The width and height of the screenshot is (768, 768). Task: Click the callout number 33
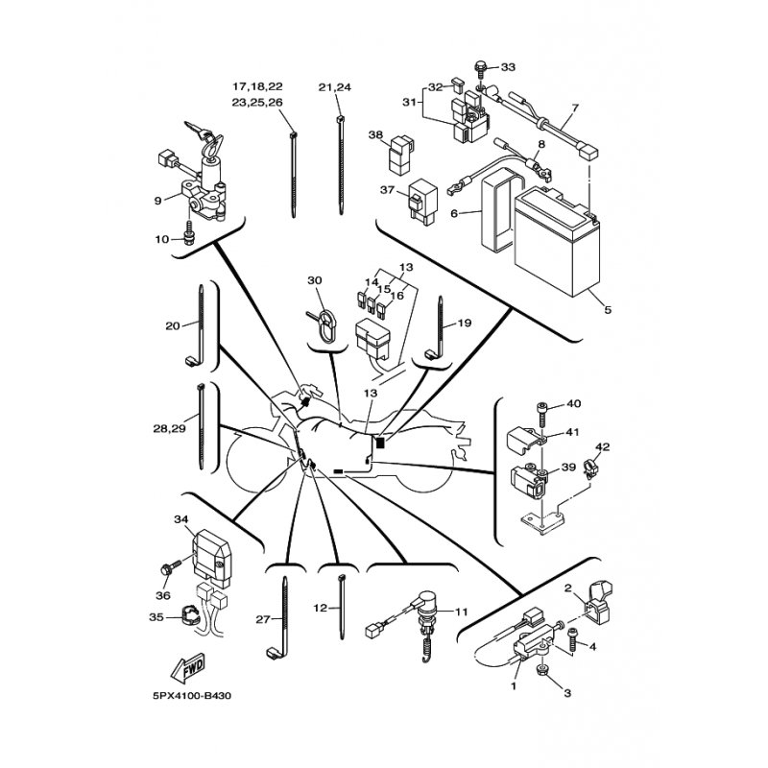[508, 66]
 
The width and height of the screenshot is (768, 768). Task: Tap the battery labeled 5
[558, 242]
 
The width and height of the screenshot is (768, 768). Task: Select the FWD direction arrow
[187, 668]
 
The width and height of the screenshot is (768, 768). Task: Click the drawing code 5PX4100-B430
[191, 696]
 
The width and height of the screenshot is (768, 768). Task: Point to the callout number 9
[157, 201]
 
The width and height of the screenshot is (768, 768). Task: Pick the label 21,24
[334, 87]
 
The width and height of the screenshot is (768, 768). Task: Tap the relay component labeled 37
[420, 202]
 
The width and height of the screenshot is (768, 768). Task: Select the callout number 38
[375, 134]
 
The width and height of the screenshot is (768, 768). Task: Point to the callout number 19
[465, 323]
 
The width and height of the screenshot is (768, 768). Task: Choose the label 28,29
[169, 428]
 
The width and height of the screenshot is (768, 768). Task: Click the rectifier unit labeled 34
[212, 559]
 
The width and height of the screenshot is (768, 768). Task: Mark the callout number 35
[156, 617]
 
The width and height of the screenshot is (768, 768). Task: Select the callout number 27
[262, 619]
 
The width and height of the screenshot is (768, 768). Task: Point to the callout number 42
[603, 447]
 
